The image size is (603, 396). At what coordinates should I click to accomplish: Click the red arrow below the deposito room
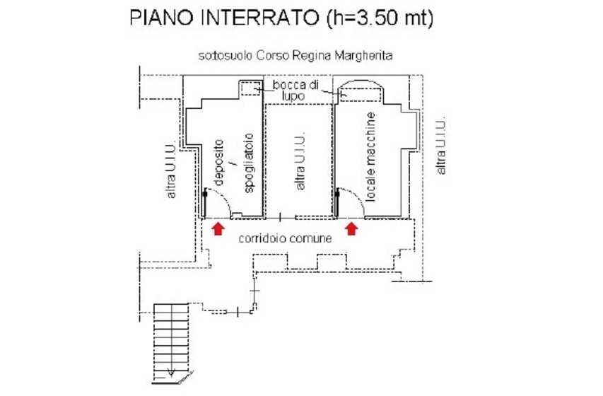(218, 228)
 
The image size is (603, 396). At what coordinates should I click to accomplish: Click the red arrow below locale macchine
(351, 228)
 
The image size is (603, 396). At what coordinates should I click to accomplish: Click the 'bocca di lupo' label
(295, 91)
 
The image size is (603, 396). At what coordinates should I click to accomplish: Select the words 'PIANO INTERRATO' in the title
(224, 19)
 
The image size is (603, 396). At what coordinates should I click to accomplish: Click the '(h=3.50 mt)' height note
(380, 19)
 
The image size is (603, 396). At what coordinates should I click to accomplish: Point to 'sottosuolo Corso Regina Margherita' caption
(296, 55)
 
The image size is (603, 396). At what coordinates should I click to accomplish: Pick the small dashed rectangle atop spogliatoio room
(250, 88)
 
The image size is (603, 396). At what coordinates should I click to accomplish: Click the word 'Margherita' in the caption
(369, 55)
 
